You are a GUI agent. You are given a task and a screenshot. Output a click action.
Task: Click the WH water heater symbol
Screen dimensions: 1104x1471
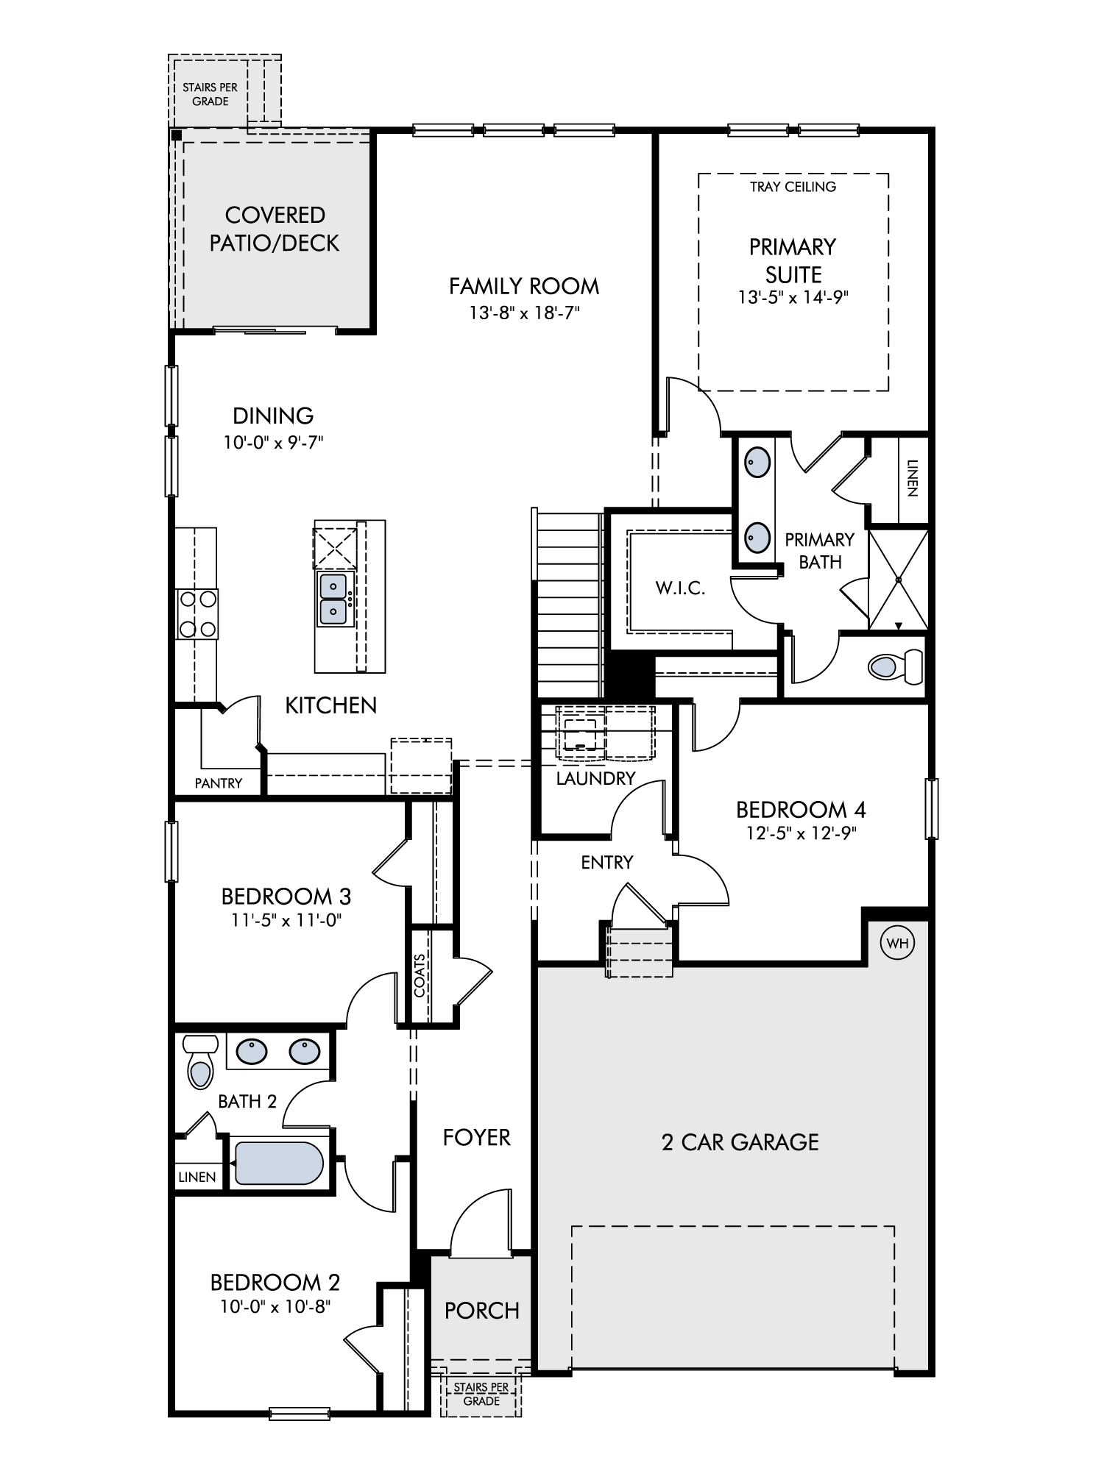pos(898,943)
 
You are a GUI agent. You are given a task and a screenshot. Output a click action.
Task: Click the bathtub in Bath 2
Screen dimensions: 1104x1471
pos(278,1163)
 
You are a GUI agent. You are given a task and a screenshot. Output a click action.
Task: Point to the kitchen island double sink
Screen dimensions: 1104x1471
pos(333,599)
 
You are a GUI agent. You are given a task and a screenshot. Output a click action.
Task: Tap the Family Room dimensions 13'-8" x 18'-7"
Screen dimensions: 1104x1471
pos(525,313)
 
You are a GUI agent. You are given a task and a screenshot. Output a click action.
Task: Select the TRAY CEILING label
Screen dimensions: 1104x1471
pos(793,187)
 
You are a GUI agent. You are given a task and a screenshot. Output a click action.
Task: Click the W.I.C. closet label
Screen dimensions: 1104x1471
pos(680,588)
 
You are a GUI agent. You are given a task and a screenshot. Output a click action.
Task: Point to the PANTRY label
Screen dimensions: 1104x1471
pos(219,783)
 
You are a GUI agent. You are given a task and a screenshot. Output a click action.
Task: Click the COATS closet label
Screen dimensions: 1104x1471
pos(420,975)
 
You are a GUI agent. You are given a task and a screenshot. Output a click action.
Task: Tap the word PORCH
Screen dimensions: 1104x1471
pos(482,1310)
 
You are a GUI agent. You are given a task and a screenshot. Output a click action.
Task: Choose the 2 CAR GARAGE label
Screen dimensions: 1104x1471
pos(740,1141)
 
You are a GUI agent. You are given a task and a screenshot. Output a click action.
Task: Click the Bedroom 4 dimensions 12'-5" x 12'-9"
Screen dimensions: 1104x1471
pos(801,833)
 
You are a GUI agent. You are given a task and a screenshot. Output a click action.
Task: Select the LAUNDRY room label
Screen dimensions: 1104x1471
pos(595,778)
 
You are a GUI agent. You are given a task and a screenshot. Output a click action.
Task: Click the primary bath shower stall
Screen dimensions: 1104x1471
pos(898,580)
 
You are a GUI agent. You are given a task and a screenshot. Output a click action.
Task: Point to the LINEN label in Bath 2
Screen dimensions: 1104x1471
pos(197,1177)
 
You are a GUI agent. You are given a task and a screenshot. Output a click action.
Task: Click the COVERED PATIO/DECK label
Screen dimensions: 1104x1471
pos(275,229)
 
